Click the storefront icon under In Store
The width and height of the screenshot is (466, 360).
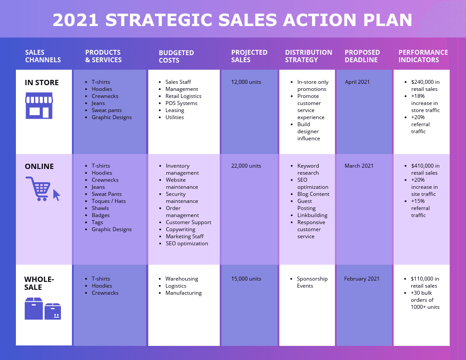(x=39, y=105)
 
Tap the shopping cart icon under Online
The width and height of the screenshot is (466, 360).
(x=42, y=189)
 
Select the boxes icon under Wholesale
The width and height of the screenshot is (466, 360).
(x=42, y=308)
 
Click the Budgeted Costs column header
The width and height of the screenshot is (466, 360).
(x=176, y=56)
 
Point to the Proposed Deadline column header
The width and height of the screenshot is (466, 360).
(x=362, y=56)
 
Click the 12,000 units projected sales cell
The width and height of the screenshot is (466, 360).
(x=246, y=82)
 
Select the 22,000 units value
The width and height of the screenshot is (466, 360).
(x=246, y=166)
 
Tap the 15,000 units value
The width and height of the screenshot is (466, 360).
(x=246, y=279)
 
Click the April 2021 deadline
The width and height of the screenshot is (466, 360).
(x=357, y=82)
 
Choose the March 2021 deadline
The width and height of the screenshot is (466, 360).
(x=359, y=166)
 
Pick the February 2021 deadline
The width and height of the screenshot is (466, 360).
(x=361, y=279)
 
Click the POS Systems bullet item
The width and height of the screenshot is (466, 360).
(x=181, y=103)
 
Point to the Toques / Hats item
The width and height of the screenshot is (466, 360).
(x=109, y=201)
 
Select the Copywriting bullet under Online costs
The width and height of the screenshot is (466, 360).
(x=180, y=229)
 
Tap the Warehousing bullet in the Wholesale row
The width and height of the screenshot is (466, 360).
(x=181, y=279)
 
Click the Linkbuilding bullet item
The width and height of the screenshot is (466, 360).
(x=312, y=215)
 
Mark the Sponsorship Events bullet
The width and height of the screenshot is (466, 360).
(x=312, y=282)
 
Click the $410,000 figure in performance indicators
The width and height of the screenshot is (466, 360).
(x=425, y=166)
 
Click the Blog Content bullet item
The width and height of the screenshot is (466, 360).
(x=313, y=194)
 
